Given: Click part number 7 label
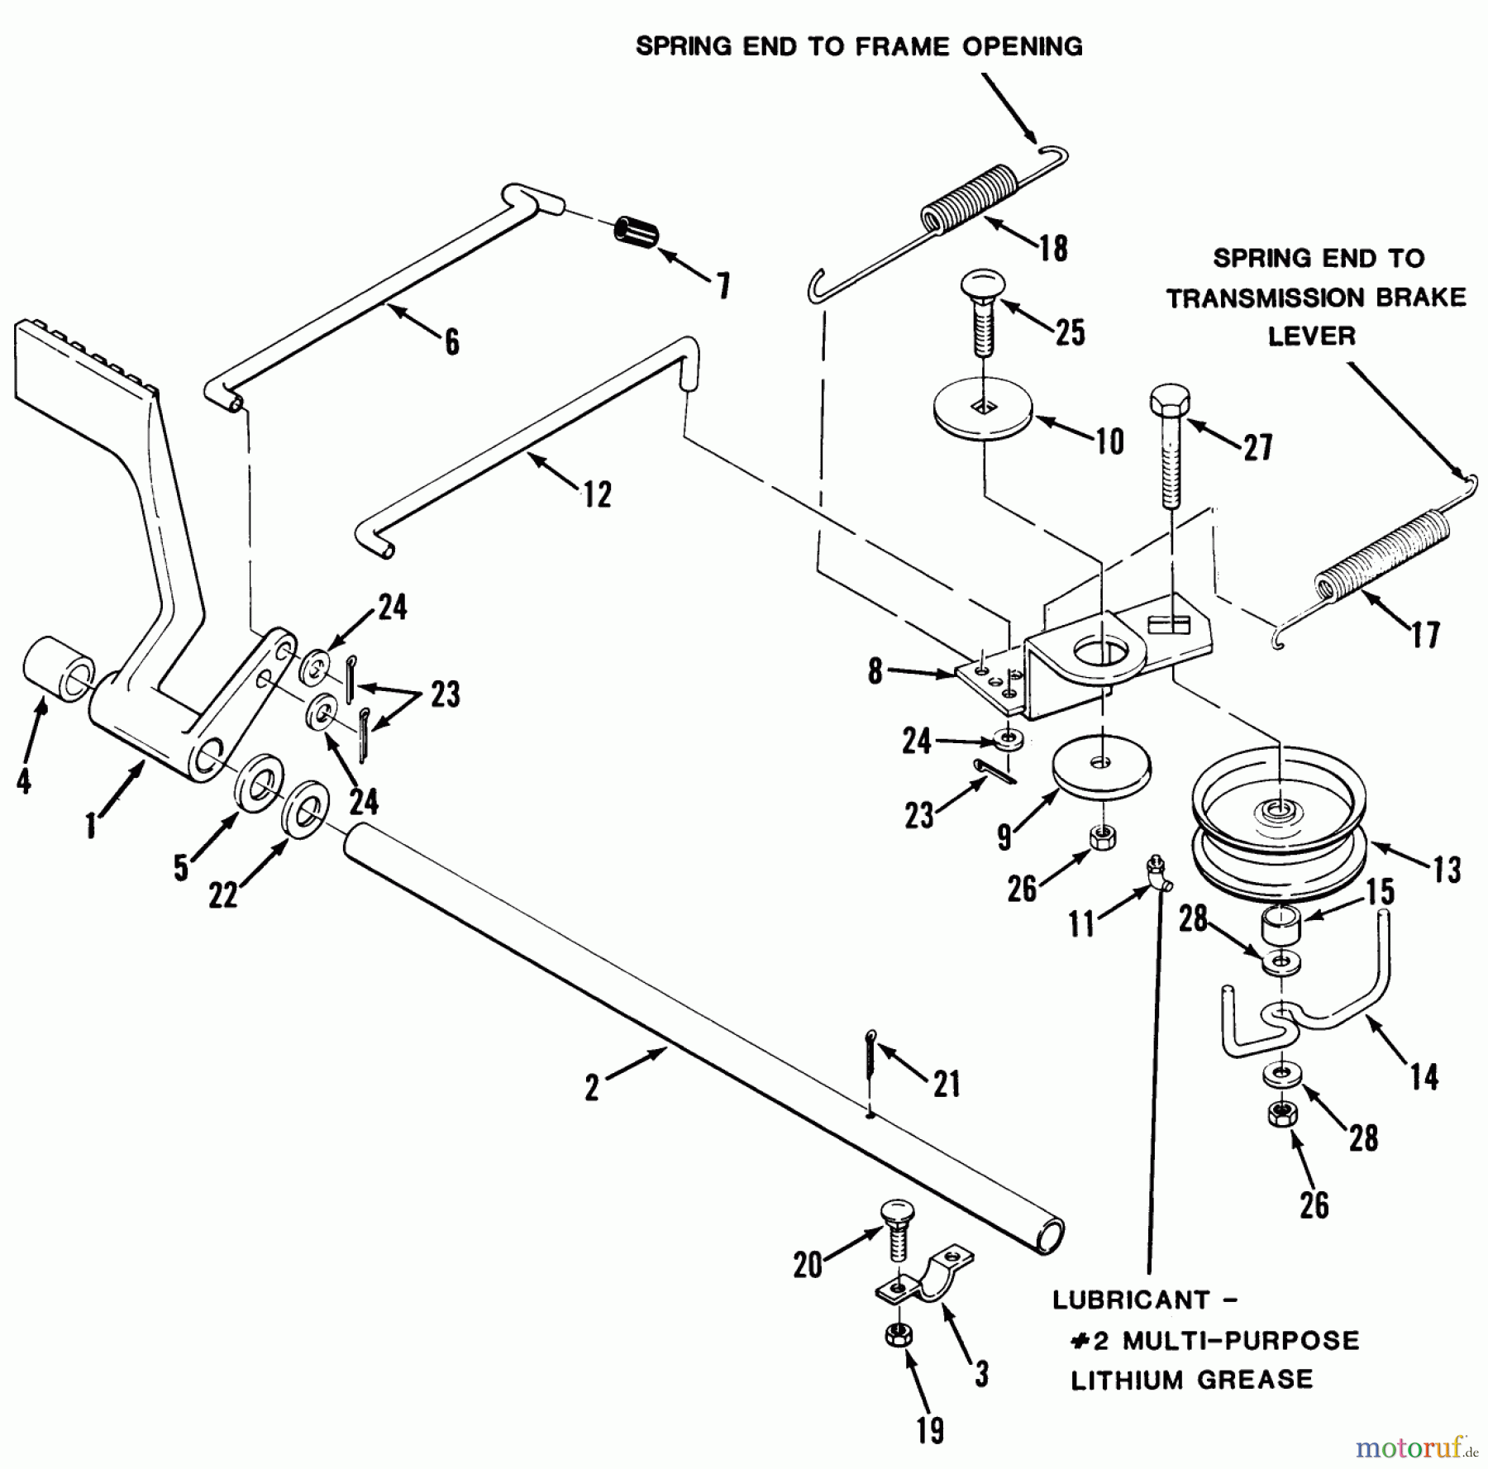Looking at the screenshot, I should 723,286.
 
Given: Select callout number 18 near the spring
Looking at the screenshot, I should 1053,247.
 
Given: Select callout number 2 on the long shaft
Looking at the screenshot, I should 592,1087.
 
